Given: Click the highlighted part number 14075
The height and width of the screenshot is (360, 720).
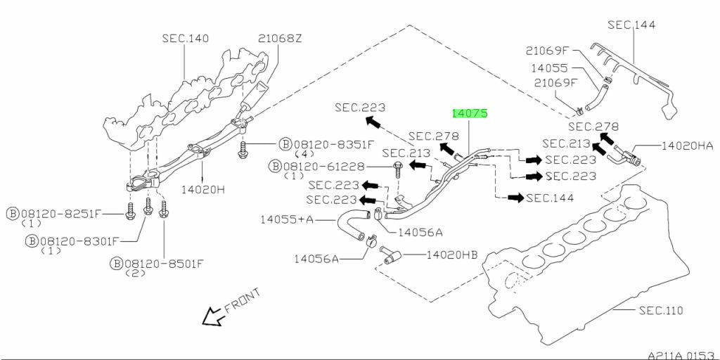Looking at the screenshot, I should [x=470, y=112].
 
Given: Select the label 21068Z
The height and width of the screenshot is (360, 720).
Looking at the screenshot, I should [x=280, y=38].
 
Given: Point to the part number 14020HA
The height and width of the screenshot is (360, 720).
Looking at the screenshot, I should [x=687, y=146].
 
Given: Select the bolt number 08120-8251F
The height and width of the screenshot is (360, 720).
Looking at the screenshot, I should [x=64, y=213].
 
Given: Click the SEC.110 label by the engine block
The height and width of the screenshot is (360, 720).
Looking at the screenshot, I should [x=660, y=310].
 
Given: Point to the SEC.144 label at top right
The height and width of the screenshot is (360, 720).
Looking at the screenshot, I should [x=631, y=25].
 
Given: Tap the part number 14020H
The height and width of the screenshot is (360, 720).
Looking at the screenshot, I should [x=203, y=189].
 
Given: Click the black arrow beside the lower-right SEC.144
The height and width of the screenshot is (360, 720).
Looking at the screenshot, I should [x=516, y=198].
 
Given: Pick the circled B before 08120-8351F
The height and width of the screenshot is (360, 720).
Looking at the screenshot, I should [x=285, y=144].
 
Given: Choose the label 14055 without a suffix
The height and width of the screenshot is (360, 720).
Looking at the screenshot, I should [x=548, y=69].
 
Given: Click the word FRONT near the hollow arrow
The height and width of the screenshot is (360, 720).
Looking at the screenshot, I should [x=243, y=300].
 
